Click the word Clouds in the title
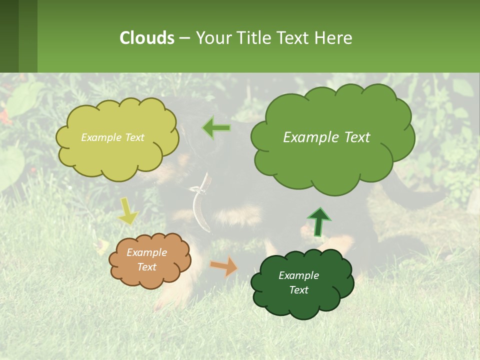click(x=147, y=38)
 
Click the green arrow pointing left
click(x=217, y=128)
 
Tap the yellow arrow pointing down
click(x=127, y=210)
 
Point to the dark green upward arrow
click(x=318, y=221)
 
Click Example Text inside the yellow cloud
click(x=112, y=137)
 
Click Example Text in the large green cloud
click(x=326, y=137)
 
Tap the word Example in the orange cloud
click(x=146, y=252)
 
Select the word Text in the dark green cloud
click(x=298, y=290)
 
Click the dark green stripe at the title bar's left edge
click(x=9, y=36)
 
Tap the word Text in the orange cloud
click(x=146, y=267)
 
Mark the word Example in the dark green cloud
click(x=298, y=275)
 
